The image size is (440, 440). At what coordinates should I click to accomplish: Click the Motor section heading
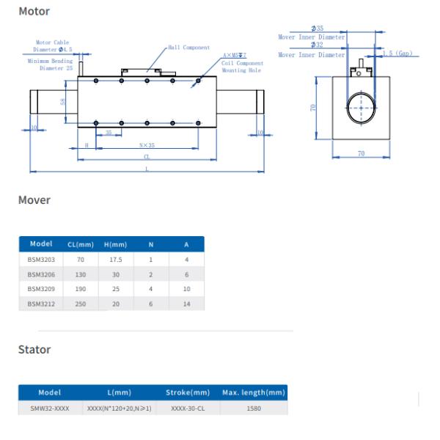(x=34, y=12)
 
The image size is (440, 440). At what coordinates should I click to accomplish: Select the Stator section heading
(x=34, y=350)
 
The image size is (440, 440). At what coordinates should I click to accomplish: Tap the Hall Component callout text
(x=188, y=47)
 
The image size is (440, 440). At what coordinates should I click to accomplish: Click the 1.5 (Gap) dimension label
(x=398, y=54)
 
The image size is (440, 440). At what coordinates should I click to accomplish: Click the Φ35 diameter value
(x=318, y=29)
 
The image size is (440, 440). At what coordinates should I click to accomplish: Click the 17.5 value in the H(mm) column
(x=116, y=260)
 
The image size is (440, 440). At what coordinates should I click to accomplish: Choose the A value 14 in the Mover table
(x=186, y=304)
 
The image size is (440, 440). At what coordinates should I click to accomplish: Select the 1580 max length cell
(x=253, y=408)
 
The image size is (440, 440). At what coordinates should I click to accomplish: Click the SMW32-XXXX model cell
(x=49, y=408)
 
